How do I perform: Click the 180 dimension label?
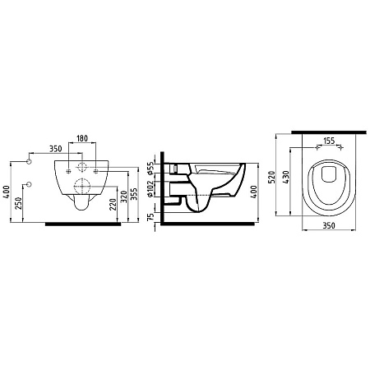point(82,138)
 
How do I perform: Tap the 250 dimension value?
point(18,203)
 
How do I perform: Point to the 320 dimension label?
point(124,197)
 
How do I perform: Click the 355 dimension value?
point(134,194)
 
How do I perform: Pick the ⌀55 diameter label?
point(150,169)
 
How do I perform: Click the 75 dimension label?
point(150,217)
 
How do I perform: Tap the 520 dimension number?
point(271,177)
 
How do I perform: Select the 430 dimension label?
point(285,177)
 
